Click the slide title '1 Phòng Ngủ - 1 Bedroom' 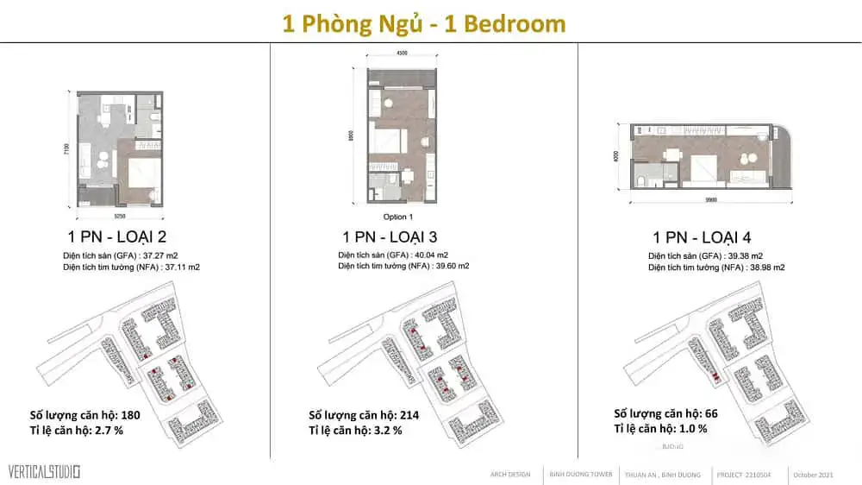point(425,23)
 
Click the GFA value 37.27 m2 point(172,256)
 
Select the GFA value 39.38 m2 point(757,256)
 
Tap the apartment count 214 point(409,415)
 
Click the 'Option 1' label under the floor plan point(398,217)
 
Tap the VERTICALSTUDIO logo point(44,472)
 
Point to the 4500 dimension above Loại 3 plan point(402,53)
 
